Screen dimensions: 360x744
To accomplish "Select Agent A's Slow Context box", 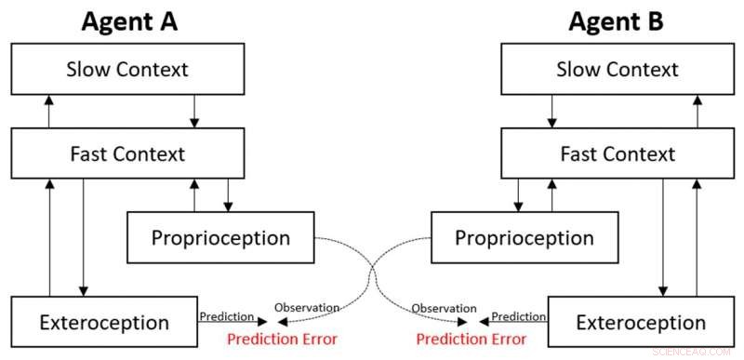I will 128,69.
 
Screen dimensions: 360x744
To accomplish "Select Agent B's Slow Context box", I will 617,69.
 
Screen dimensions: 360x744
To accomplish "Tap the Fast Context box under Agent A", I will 128,153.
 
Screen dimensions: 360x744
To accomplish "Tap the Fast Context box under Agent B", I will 617,153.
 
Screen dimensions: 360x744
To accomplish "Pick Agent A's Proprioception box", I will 221,237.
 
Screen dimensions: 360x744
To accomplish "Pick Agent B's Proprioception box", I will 524,237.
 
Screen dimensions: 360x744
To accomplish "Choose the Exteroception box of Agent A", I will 104,323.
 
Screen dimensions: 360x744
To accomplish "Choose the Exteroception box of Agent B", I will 641,323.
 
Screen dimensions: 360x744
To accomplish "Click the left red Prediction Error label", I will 283,339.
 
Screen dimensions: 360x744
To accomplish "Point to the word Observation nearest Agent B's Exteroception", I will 438,308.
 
